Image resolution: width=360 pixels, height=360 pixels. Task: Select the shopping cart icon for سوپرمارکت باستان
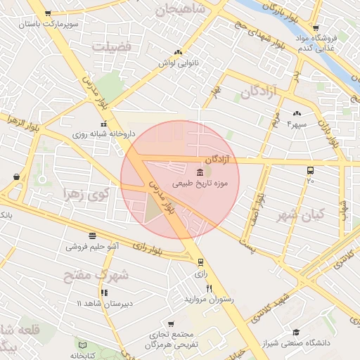(47, 13)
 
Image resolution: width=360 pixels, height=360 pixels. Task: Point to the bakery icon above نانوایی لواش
(178, 52)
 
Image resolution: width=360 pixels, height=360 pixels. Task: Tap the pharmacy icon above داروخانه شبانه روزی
(84, 123)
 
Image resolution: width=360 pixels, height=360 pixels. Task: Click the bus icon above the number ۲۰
(310, 170)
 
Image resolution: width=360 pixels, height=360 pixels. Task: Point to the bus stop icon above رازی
(201, 262)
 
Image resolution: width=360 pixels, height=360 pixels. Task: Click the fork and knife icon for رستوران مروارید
(208, 288)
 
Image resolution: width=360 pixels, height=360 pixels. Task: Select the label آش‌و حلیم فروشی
(92, 247)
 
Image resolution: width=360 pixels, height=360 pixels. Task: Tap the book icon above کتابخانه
(82, 347)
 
